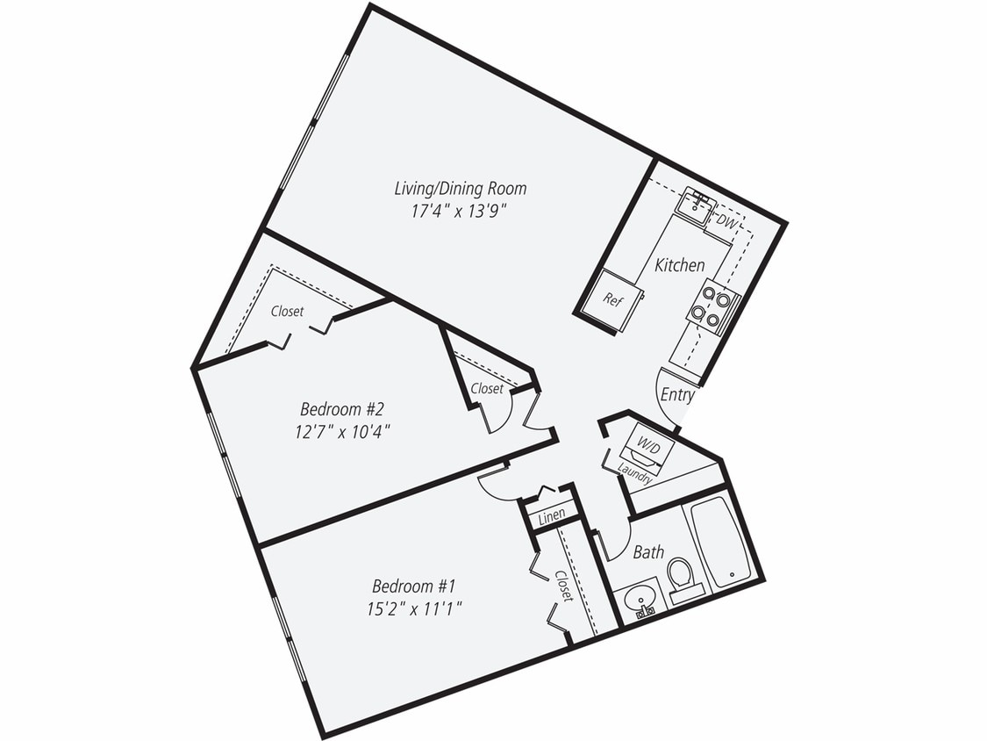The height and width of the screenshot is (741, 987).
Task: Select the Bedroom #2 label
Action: pos(343,409)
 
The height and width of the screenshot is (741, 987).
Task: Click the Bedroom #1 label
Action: pos(414,586)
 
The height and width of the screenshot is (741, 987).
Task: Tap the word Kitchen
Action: pos(680,265)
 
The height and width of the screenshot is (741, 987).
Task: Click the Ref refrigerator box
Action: pos(612,299)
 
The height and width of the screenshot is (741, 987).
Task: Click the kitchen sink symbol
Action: pos(697,204)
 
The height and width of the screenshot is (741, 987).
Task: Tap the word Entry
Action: pos(677,395)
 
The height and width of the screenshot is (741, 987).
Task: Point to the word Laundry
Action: pos(634,474)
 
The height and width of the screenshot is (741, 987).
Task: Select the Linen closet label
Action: pos(552,517)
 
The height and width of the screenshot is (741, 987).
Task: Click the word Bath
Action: pos(648,552)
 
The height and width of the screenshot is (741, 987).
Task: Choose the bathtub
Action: pos(720,543)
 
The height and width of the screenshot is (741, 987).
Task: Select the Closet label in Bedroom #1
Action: pos(562,586)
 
